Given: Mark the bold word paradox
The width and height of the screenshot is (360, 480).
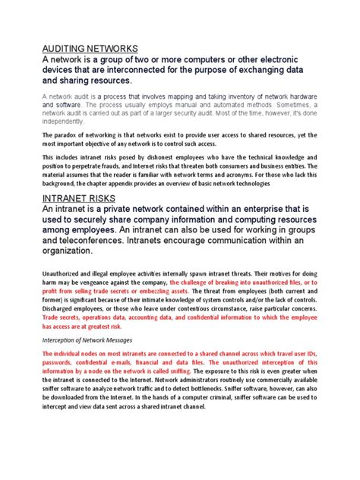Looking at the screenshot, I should click(x=71, y=135).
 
